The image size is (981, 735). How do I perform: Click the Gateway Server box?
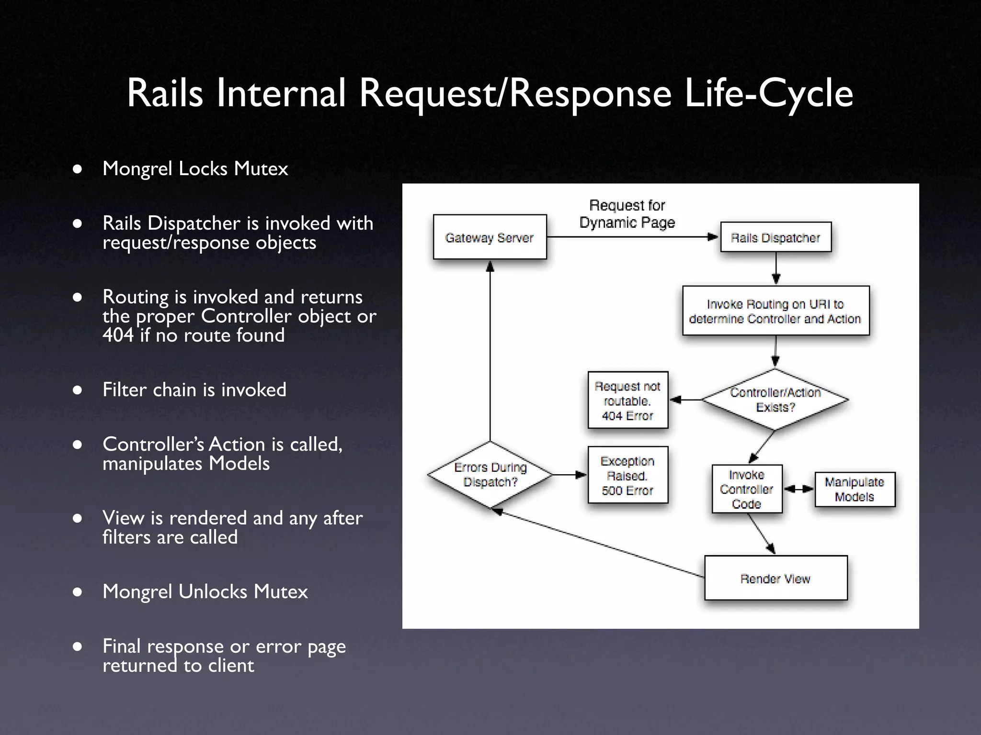click(490, 237)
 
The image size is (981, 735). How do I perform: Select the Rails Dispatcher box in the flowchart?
click(776, 237)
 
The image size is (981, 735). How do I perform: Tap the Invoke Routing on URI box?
click(776, 311)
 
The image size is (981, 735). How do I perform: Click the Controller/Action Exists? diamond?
click(775, 400)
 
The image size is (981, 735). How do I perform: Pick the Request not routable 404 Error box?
click(627, 401)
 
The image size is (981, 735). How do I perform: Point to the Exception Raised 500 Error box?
click(627, 475)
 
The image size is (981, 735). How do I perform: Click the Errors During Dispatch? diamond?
click(490, 475)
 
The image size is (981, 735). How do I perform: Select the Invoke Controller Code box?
click(747, 489)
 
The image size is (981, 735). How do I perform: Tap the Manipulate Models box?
click(855, 489)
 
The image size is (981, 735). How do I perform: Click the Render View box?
click(776, 578)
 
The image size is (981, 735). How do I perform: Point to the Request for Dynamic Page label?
click(627, 214)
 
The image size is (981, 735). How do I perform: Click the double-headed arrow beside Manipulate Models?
click(798, 489)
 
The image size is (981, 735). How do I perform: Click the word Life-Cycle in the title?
click(768, 93)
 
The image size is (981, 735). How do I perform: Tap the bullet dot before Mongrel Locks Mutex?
click(78, 169)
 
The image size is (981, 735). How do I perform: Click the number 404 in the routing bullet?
click(118, 335)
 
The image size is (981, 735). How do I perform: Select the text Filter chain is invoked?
click(194, 390)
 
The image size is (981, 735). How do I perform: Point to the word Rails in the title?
click(165, 93)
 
